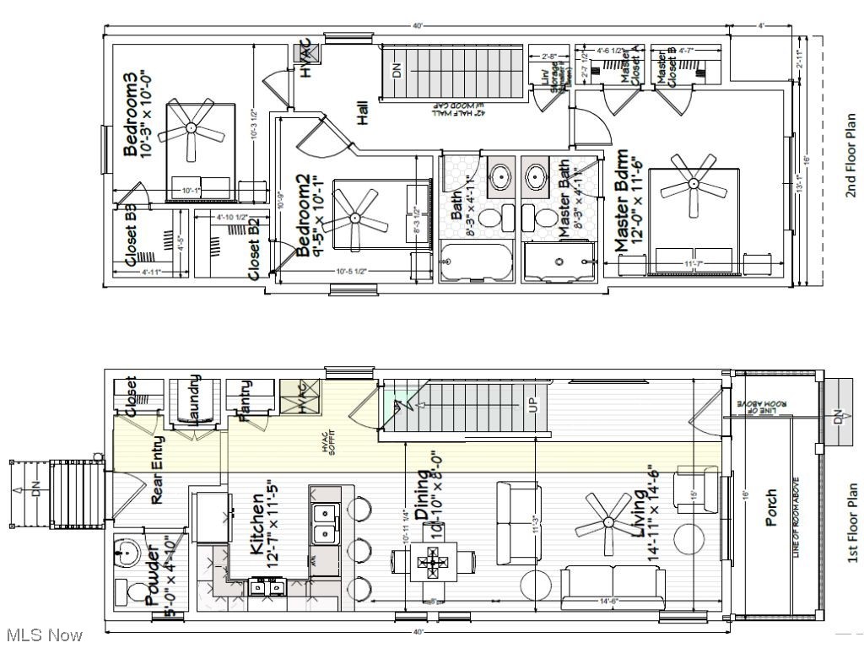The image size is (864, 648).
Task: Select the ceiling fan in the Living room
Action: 606,524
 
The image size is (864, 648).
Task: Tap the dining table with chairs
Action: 431,561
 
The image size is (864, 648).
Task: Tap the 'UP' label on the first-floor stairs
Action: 532,406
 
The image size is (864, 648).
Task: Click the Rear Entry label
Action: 158,469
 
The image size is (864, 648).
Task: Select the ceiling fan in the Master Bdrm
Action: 694,182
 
